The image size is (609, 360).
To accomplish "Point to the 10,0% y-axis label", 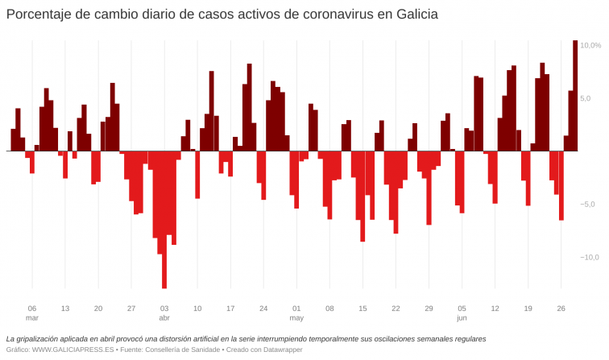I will point(590,45).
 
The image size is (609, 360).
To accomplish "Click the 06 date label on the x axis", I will point(32,308).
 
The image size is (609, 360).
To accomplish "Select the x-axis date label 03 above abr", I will point(164,308).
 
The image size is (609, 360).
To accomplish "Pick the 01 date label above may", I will point(296,308).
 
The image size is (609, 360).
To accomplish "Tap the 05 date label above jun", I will point(462,308).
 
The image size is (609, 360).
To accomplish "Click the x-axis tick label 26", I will point(561,308).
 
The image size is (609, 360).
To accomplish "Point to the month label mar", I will point(32,318).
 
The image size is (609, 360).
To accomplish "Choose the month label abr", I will point(164,318).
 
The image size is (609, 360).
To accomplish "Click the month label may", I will point(296,318).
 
